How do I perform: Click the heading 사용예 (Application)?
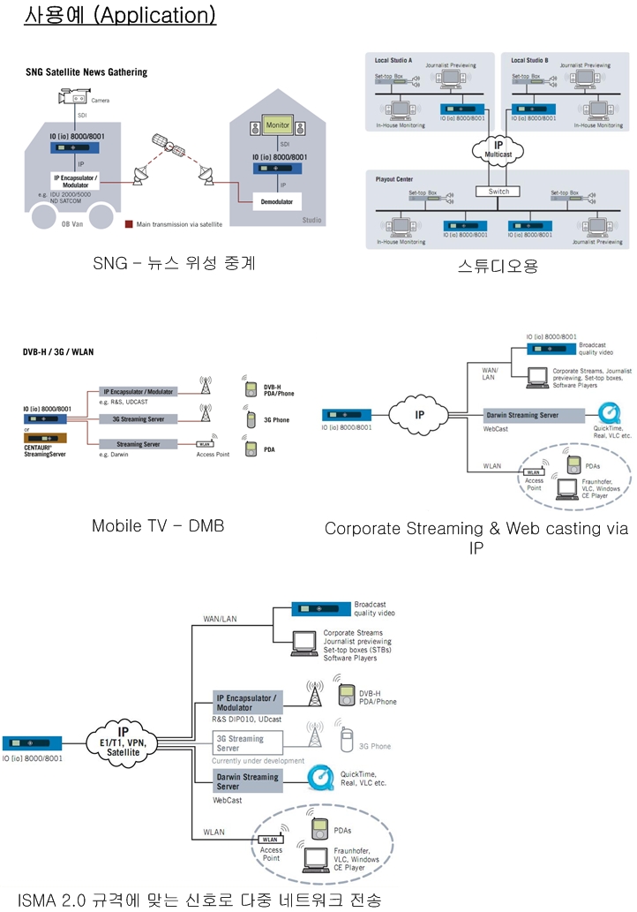120,17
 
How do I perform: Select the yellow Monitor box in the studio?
277,125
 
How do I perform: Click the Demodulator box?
278,200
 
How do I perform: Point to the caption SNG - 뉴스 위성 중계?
174,263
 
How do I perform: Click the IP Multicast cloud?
499,147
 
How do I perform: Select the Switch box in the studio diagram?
498,191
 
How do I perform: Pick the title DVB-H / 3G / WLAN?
58,351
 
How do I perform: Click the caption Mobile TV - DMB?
158,526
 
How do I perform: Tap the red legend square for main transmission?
129,224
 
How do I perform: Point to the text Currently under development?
258,760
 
